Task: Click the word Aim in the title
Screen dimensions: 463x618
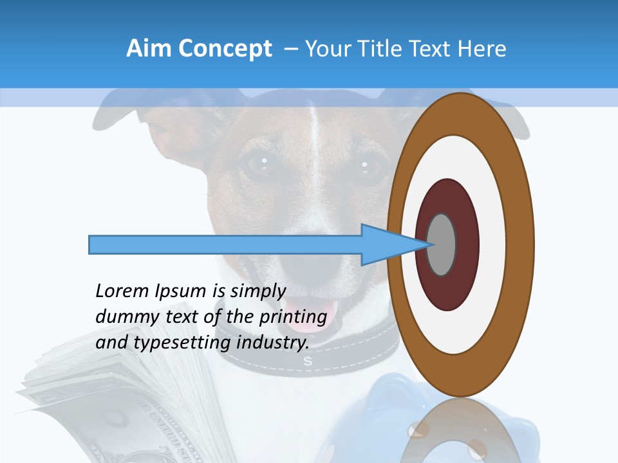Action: (x=150, y=49)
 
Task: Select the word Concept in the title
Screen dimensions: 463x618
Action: (x=225, y=49)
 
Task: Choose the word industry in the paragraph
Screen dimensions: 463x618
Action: (x=273, y=342)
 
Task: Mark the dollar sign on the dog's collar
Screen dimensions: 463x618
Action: (x=308, y=361)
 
